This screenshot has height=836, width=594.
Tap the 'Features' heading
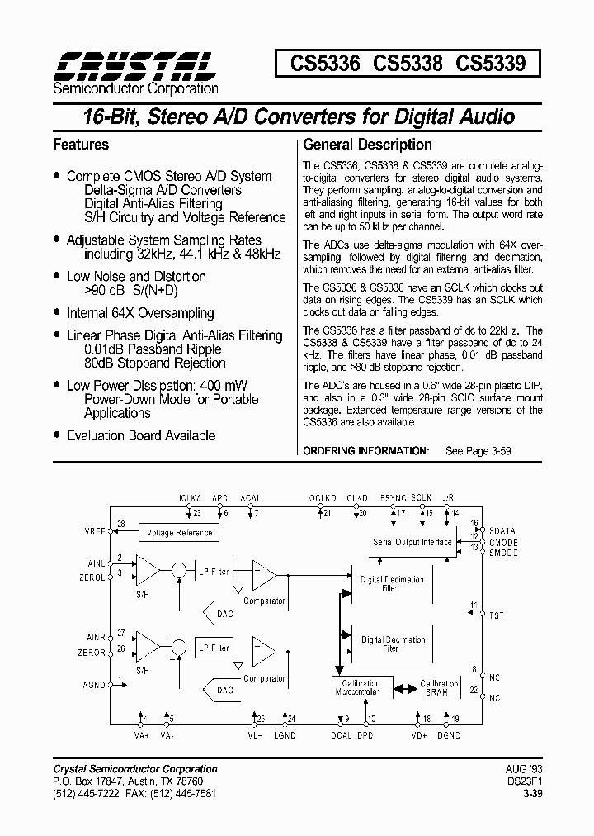click(x=80, y=145)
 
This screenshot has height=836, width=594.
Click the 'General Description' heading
click(x=367, y=145)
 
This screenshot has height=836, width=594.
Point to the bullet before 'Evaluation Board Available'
click(x=56, y=435)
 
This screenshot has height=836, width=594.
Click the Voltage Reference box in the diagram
click(x=179, y=533)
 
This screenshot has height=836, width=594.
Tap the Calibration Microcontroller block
click(x=359, y=688)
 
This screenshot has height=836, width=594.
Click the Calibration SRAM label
click(x=440, y=688)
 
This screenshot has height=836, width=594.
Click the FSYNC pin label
click(x=394, y=499)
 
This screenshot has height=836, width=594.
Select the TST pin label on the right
click(x=496, y=615)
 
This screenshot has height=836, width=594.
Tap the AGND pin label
click(x=94, y=685)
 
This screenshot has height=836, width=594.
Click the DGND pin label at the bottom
click(x=449, y=735)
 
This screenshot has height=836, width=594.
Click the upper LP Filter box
click(x=214, y=570)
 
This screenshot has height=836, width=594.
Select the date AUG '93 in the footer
click(x=521, y=769)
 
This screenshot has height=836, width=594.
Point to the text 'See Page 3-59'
click(x=478, y=451)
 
